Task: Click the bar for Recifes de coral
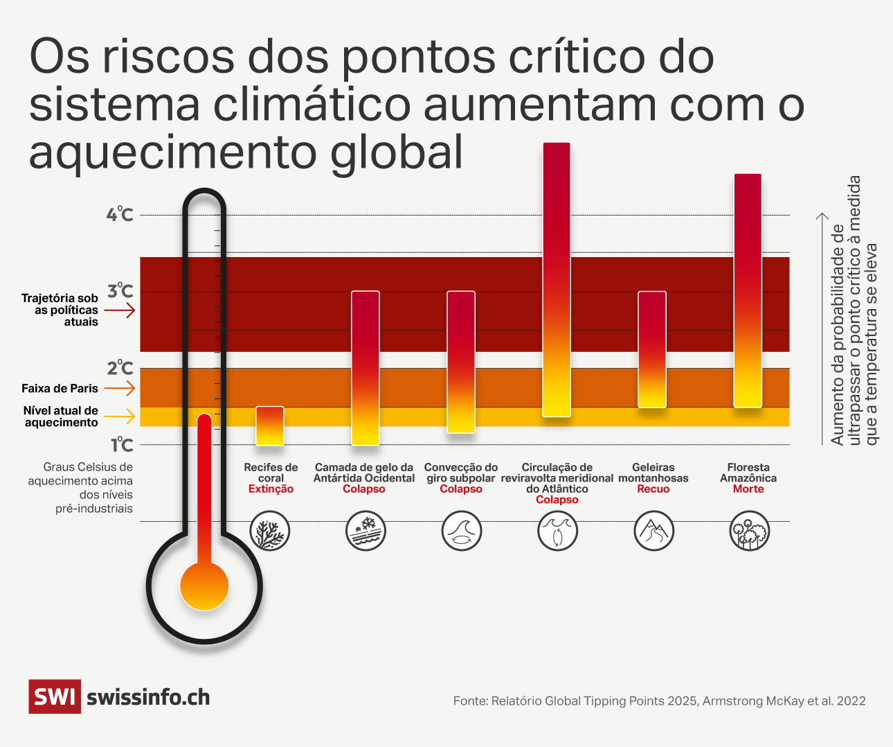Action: (270, 425)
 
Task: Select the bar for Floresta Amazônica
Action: (748, 291)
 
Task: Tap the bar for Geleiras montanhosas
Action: (651, 349)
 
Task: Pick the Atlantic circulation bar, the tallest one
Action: (557, 280)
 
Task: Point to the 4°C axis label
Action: (119, 214)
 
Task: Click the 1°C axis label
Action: (122, 445)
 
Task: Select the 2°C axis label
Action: (120, 368)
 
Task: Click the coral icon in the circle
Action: (270, 531)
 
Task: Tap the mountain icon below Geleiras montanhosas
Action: (653, 531)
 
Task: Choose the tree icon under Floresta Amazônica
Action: (749, 531)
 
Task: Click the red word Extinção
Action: (271, 489)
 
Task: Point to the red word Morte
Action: (748, 489)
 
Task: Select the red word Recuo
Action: (653, 489)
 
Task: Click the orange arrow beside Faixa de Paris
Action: (120, 388)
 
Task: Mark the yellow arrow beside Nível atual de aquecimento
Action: (120, 416)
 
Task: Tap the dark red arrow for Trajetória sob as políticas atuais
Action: (120, 310)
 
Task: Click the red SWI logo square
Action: (54, 696)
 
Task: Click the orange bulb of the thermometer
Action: (204, 586)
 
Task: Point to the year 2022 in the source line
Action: (851, 701)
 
